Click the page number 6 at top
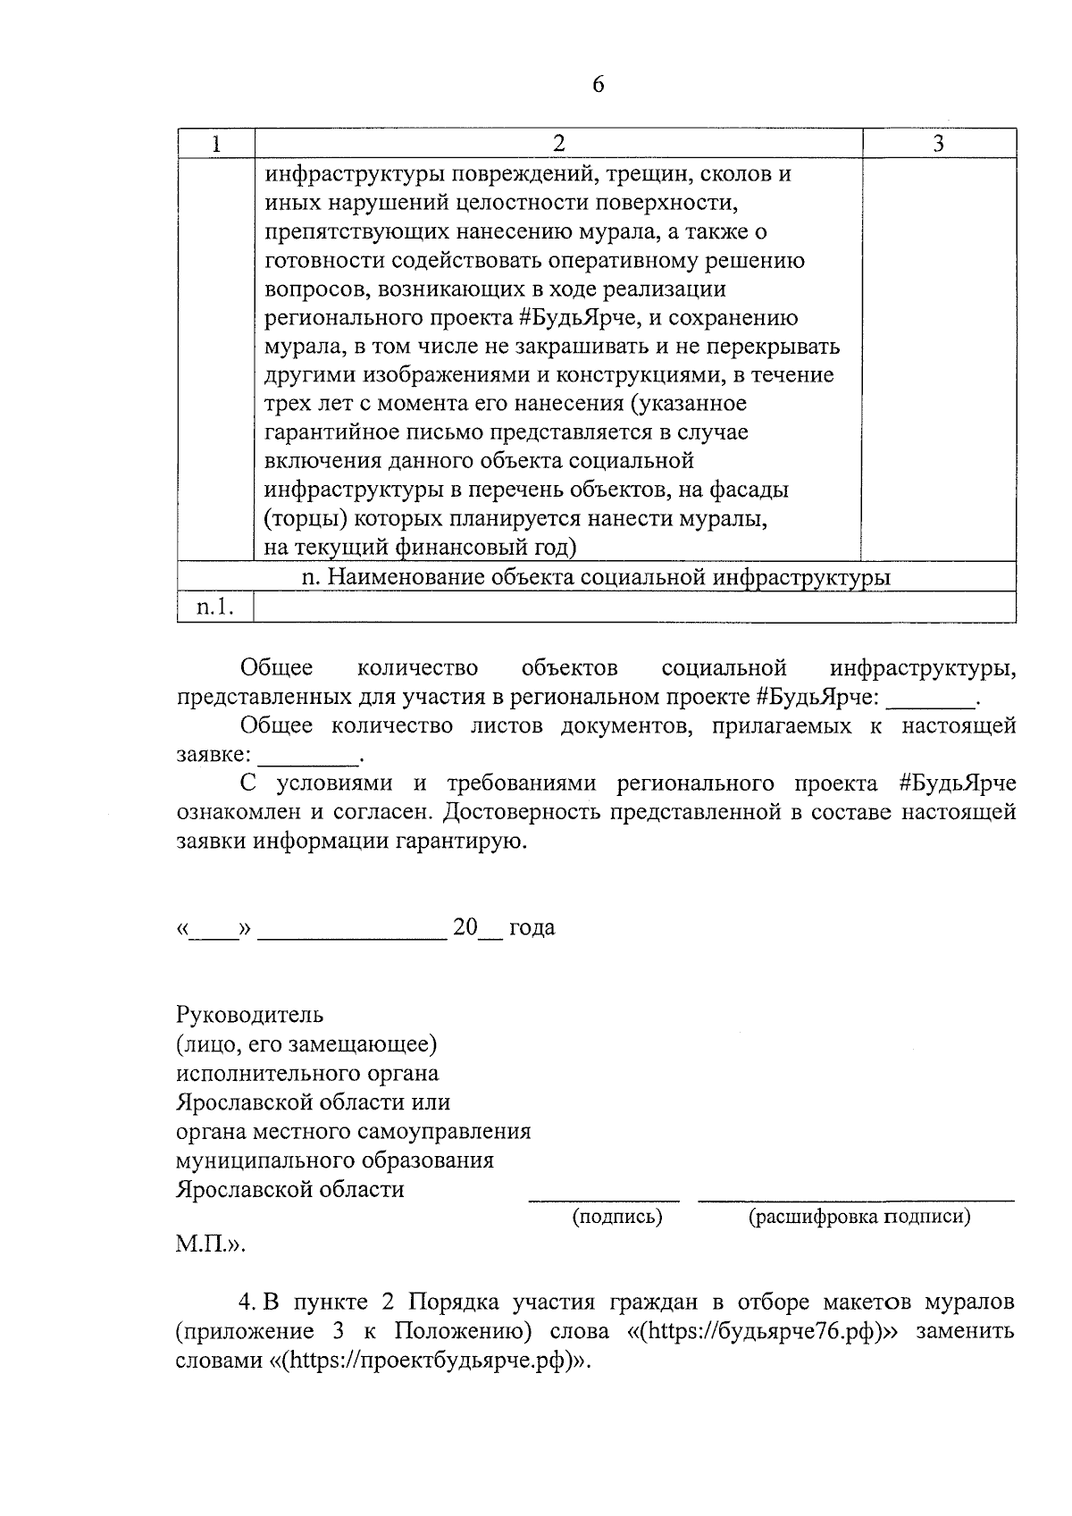click(x=598, y=85)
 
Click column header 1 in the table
click(x=215, y=144)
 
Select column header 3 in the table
click(x=938, y=144)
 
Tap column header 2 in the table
click(x=558, y=144)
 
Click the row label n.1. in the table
click(x=215, y=607)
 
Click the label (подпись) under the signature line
click(x=617, y=1216)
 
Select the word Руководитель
click(x=250, y=1016)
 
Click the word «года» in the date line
click(x=532, y=927)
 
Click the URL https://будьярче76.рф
click(x=759, y=1331)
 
